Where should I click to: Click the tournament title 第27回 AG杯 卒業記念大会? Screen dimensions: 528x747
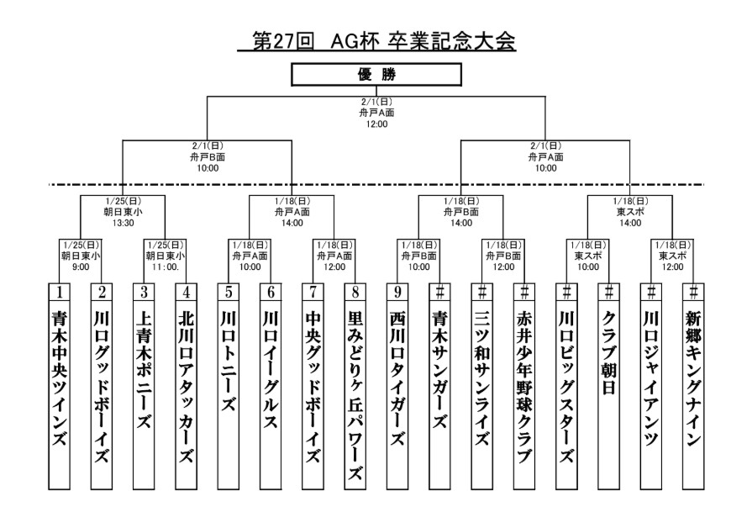[x=376, y=40]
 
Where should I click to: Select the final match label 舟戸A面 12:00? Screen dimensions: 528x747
[x=376, y=116]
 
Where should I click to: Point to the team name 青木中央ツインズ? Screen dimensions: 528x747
[x=60, y=380]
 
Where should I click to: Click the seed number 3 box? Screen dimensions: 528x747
[x=144, y=292]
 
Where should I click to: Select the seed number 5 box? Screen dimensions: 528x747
[x=229, y=292]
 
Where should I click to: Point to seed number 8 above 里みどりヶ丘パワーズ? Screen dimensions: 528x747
[x=355, y=292]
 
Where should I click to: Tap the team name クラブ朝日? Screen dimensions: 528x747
[x=609, y=351]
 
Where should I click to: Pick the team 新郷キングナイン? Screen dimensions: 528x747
[x=693, y=380]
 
